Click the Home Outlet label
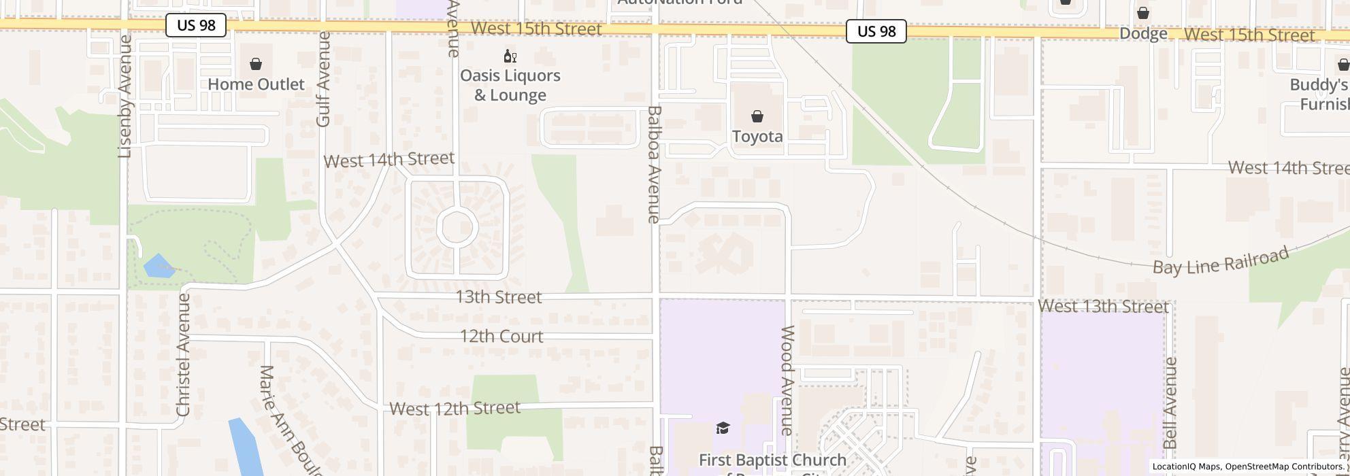pos(256,84)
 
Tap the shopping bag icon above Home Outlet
pos(256,64)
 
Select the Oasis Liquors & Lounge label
pos(510,85)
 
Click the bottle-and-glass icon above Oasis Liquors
pos(510,56)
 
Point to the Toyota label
pos(757,137)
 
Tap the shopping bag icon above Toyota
pos(757,117)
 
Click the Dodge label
pos(1143,34)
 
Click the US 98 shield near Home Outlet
pos(196,26)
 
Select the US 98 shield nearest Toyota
pos(876,31)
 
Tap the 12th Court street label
pos(501,337)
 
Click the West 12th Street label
pos(455,408)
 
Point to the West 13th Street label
pos(1103,307)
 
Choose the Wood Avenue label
pos(787,380)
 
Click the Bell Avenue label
pos(1170,403)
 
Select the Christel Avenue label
pos(183,355)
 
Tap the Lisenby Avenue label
pos(125,97)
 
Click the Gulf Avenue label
pos(323,79)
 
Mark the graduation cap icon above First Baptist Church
pos(723,428)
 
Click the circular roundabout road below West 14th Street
pos(456,227)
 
